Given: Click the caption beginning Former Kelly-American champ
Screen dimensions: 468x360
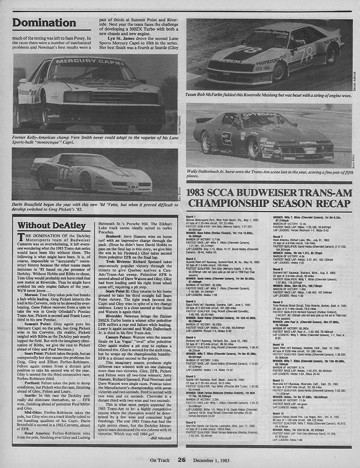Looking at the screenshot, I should pos(89,138).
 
